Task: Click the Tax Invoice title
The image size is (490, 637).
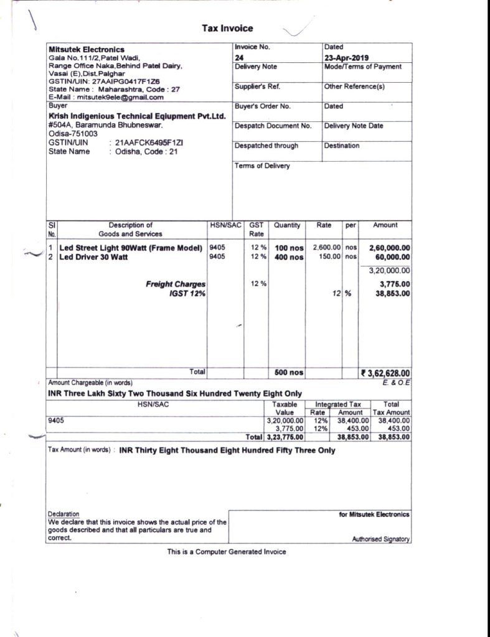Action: [x=227, y=28]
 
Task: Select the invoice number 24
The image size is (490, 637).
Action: [x=239, y=57]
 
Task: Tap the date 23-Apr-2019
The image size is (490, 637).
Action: [x=346, y=57]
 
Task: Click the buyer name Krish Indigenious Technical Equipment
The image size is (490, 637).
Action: [x=136, y=116]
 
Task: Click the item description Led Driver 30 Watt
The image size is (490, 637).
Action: [x=93, y=257]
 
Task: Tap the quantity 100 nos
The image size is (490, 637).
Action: [x=289, y=248]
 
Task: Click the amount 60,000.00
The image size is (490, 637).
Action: [x=390, y=257]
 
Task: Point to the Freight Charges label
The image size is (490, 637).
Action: [x=176, y=284]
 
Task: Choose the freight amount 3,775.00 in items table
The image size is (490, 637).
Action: [x=394, y=284]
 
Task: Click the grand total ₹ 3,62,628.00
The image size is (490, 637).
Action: [x=385, y=373]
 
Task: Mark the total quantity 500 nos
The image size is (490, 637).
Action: [x=289, y=373]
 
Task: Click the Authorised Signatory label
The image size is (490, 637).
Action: [x=381, y=539]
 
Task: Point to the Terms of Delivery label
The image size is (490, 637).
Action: [x=262, y=166]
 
